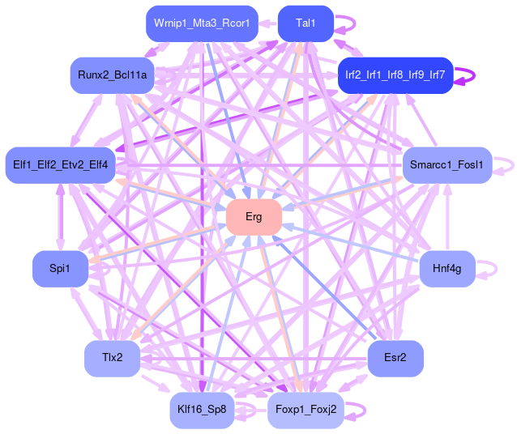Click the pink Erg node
[254, 217]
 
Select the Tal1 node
[305, 23]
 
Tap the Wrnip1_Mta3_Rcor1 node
[202, 23]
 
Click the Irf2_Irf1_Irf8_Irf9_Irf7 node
[395, 75]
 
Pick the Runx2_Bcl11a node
[113, 75]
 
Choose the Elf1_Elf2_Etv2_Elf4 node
[61, 165]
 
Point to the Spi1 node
[59, 268]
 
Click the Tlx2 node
[113, 358]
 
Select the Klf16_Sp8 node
[202, 410]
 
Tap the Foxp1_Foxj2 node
[305, 410]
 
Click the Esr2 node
[395, 358]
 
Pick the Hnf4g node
[446, 268]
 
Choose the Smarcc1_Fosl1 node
[446, 165]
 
